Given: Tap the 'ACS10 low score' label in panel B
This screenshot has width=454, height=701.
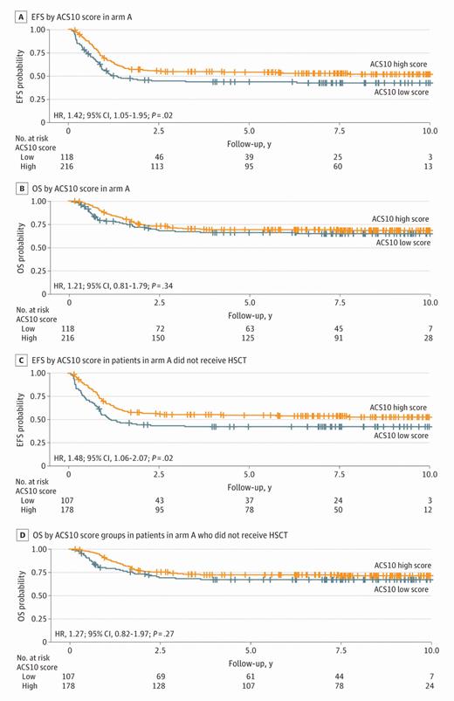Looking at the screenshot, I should [x=401, y=243].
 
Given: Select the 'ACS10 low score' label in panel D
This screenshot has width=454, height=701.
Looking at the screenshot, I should [x=401, y=590].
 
